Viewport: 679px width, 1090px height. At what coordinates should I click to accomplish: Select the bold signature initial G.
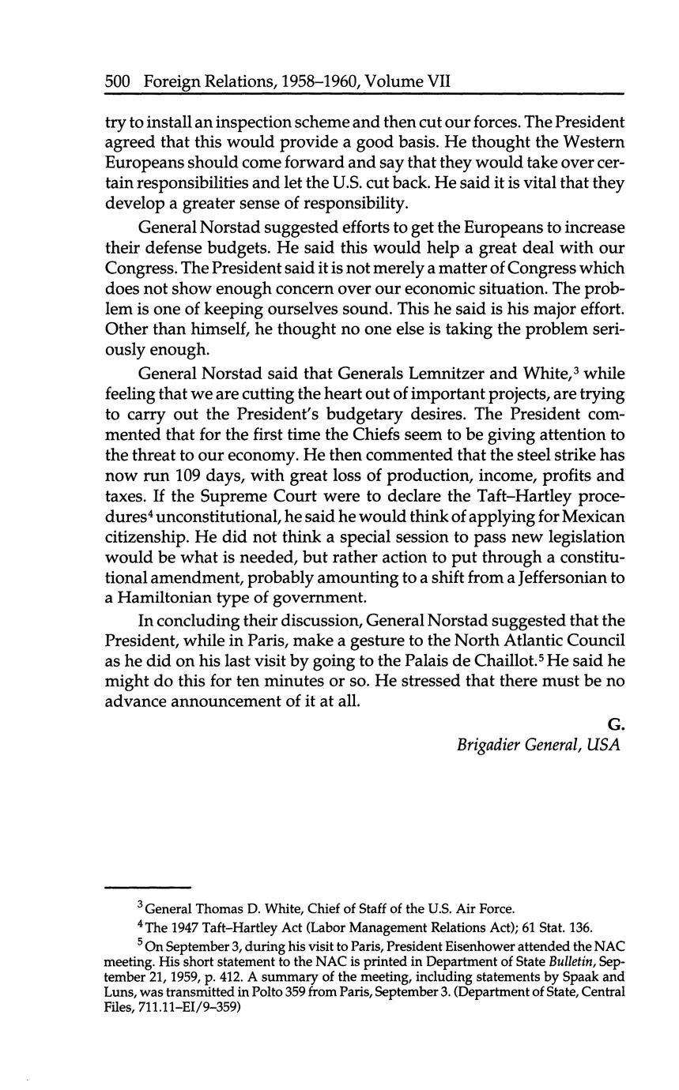(x=616, y=724)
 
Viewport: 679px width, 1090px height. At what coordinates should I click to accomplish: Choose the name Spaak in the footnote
(x=575, y=978)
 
